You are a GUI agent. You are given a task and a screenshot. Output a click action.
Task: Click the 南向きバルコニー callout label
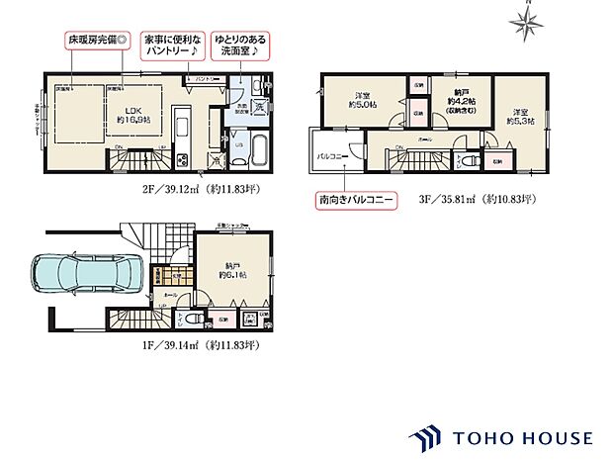point(355,199)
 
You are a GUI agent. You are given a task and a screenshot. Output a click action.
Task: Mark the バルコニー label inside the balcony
point(330,157)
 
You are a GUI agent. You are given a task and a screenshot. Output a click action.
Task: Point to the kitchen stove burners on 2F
point(182,159)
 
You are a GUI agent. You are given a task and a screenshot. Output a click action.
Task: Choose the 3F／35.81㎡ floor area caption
point(478,199)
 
